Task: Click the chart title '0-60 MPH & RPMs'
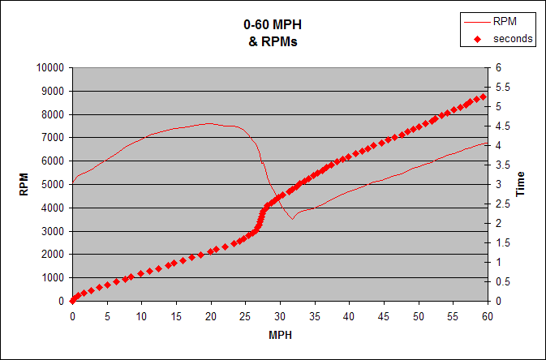(273, 33)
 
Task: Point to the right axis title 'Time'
(521, 184)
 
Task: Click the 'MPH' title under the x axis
(280, 334)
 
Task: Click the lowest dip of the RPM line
(293, 219)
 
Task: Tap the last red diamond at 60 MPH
(484, 96)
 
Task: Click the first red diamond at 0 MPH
(72, 300)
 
